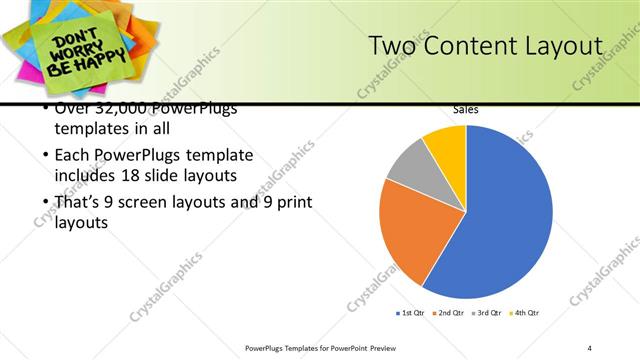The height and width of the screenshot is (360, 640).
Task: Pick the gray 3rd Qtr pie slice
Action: pos(408,168)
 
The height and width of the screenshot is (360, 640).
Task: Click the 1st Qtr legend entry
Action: pos(411,313)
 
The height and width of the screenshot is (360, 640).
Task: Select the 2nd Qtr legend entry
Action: pos(449,313)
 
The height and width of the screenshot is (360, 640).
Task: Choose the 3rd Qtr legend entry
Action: pos(487,313)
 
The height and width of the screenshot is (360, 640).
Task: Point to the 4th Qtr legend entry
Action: pos(525,313)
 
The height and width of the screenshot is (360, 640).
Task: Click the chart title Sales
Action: pos(465,110)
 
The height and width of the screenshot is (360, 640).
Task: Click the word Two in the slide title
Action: pos(390,47)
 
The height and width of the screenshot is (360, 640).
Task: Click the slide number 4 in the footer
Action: pos(590,347)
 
